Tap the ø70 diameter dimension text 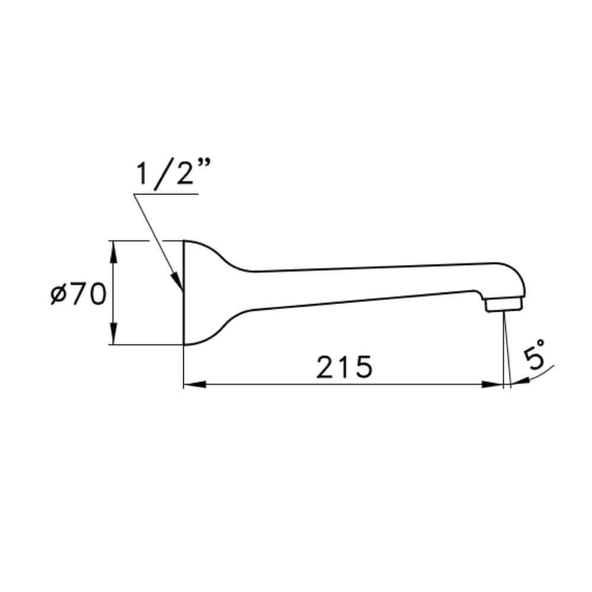[x=78, y=294]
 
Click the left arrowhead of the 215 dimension [x=193, y=385]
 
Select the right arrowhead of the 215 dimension [x=493, y=385]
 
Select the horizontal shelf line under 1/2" [x=166, y=194]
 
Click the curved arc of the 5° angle [x=539, y=374]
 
